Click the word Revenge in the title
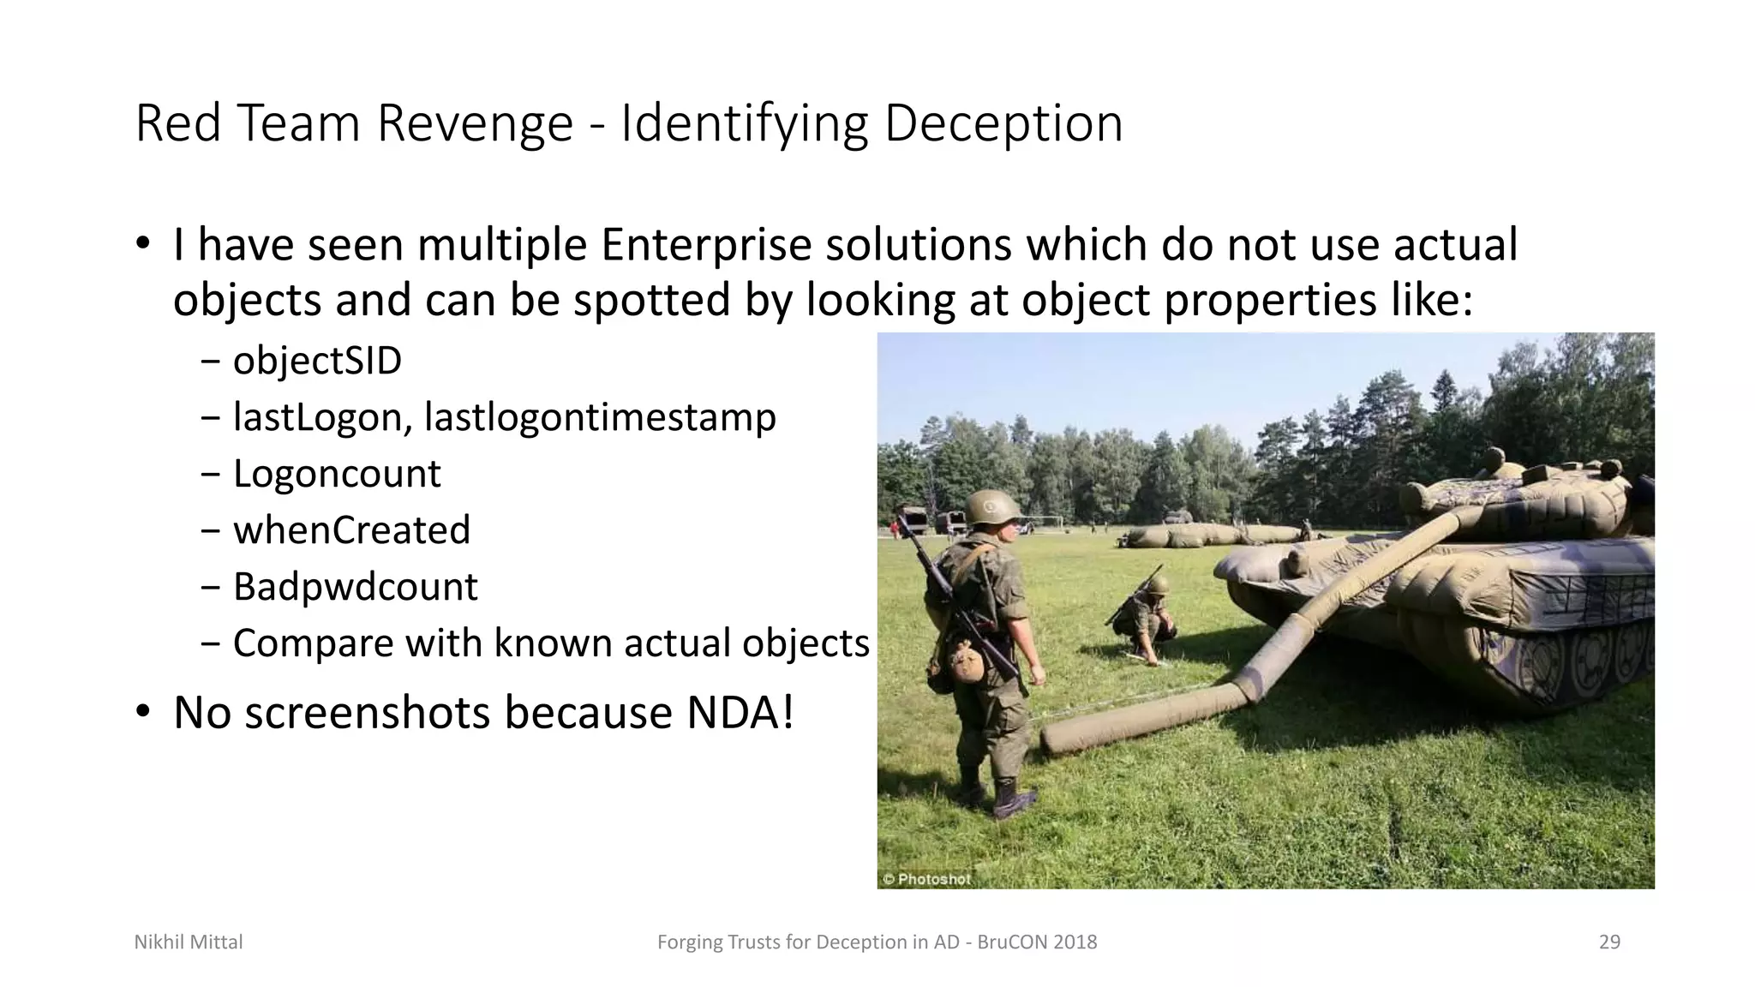[475, 123]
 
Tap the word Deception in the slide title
[1003, 123]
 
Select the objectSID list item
[317, 361]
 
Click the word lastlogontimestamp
[600, 417]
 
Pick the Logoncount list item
[337, 474]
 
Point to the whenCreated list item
[351, 530]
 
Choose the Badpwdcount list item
[355, 587]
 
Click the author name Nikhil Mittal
[189, 942]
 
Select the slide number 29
[1609, 942]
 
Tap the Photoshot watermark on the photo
[927, 879]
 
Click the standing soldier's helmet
[992, 506]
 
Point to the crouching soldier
[1145, 617]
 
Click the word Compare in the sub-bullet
[310, 643]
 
